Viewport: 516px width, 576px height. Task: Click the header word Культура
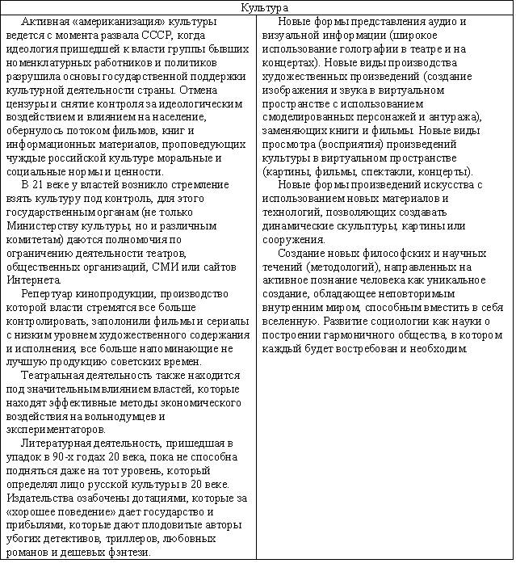(257, 7)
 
